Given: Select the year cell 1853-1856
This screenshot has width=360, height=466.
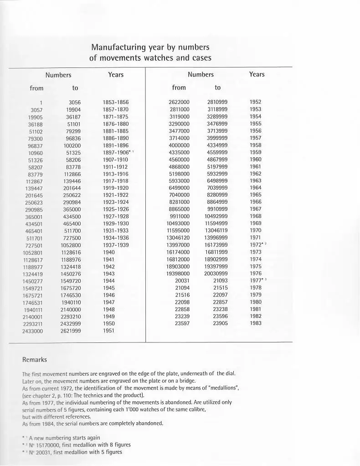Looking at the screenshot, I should tap(115, 103).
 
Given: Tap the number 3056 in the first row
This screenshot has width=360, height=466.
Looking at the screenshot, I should tap(74, 103).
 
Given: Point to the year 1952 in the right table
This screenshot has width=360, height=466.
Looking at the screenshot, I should tap(256, 102).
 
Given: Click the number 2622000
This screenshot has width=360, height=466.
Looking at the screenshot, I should tap(179, 102).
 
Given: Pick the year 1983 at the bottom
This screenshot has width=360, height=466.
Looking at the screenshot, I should tap(256, 323).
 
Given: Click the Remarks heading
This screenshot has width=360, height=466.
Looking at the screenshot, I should tap(35, 360).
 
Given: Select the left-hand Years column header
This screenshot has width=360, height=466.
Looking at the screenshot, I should tap(116, 74).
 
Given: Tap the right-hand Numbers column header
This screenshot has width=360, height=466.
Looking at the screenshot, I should tap(201, 74).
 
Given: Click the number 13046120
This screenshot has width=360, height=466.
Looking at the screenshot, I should tap(178, 238).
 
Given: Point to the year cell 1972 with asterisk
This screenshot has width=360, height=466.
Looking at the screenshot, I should tap(257, 245).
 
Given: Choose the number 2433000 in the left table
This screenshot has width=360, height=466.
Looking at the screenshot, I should tap(32, 331).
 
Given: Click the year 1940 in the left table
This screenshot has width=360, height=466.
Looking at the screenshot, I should tap(109, 252).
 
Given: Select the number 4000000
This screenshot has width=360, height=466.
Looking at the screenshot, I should tap(179, 145).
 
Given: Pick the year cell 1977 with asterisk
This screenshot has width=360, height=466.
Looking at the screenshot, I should tap(257, 280).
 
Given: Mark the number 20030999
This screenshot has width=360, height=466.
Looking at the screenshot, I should tap(216, 274).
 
